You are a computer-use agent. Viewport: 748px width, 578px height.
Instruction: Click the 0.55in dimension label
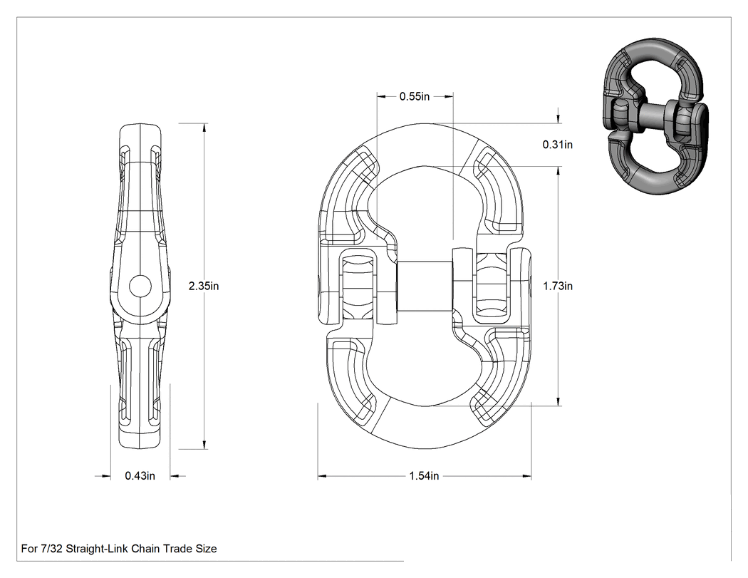(414, 96)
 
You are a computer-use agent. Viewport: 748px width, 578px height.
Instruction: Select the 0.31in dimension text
(557, 145)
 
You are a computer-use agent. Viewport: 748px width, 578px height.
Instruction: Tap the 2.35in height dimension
(204, 286)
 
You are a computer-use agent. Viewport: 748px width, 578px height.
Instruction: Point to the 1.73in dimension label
(558, 286)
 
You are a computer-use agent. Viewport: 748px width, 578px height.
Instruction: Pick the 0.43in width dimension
(140, 476)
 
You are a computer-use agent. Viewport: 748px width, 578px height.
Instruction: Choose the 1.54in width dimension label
(424, 476)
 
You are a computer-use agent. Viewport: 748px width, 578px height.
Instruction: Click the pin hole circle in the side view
(140, 287)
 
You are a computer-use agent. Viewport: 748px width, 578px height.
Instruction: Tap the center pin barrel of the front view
(425, 286)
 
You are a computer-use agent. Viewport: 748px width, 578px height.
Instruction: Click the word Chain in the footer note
(145, 549)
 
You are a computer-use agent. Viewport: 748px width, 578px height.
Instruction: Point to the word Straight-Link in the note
(97, 549)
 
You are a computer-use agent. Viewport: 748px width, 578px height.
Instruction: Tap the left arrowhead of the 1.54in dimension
(322, 476)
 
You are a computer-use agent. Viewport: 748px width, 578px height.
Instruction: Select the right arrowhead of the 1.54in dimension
(527, 476)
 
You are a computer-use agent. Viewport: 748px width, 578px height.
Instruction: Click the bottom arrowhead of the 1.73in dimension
(559, 402)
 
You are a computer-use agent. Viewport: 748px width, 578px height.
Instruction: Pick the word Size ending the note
(206, 549)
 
